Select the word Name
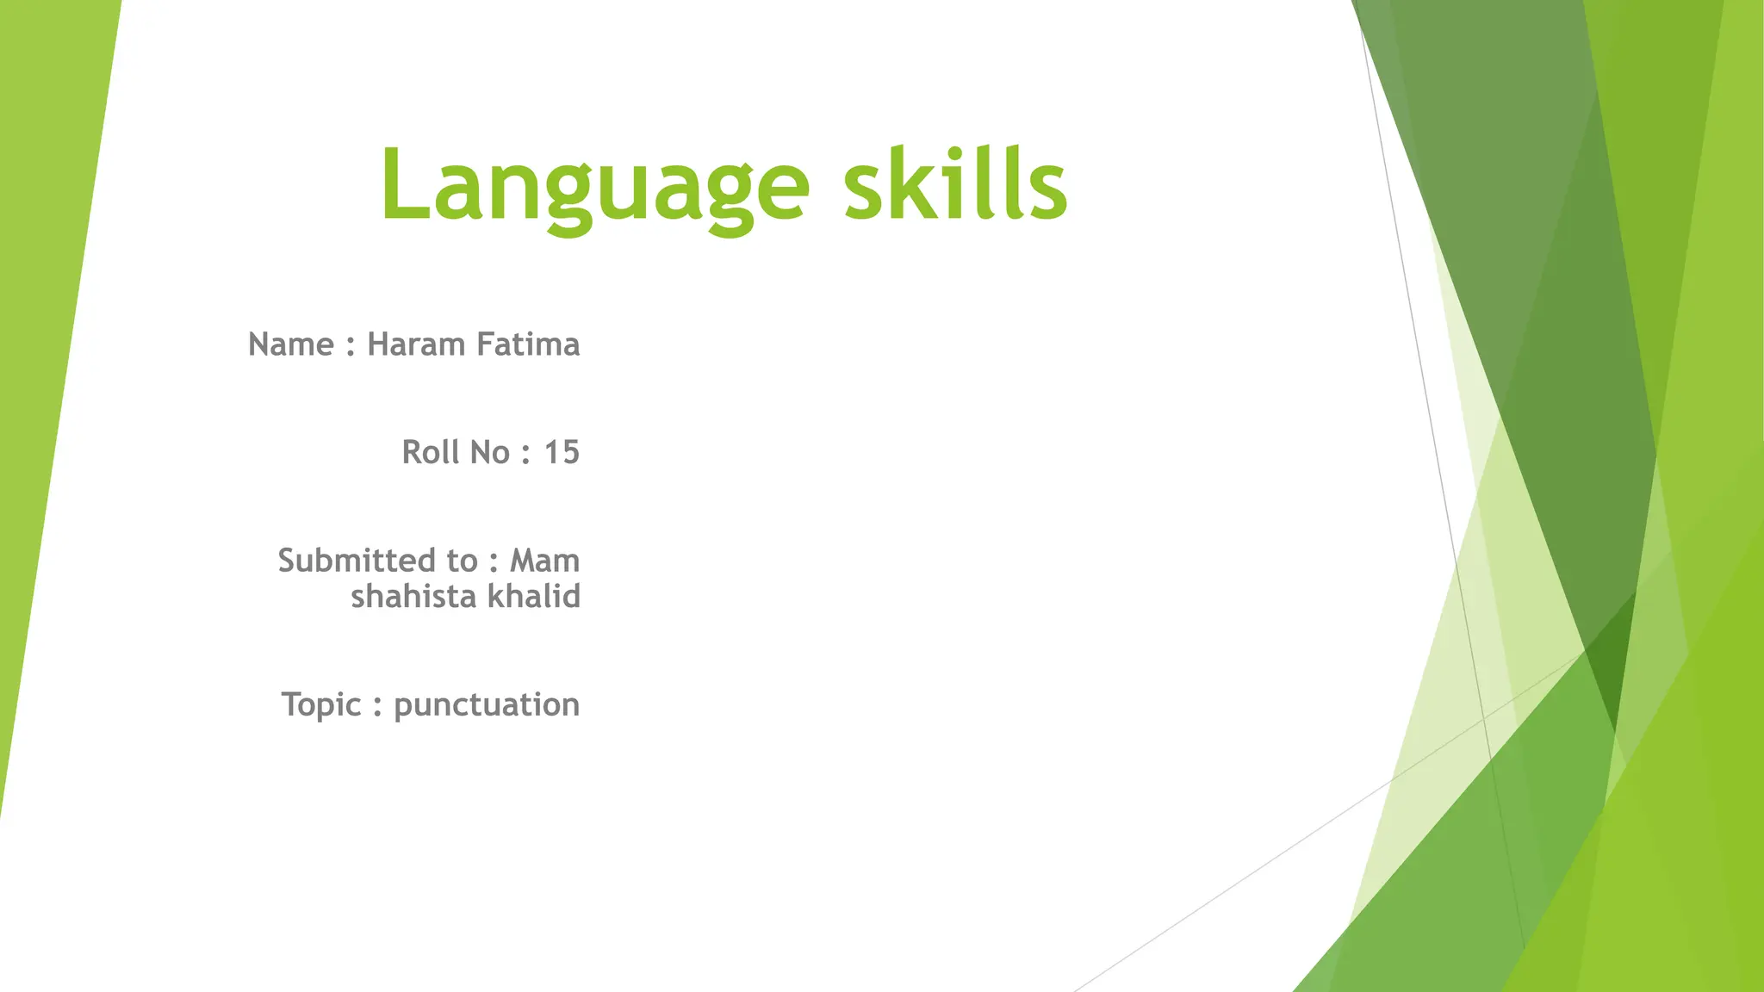click(x=291, y=344)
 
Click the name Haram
click(x=416, y=344)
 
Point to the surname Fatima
click(x=528, y=344)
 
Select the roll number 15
click(x=562, y=452)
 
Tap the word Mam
click(x=544, y=561)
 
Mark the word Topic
click(x=321, y=705)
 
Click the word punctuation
click(x=487, y=705)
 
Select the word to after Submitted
click(x=463, y=561)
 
